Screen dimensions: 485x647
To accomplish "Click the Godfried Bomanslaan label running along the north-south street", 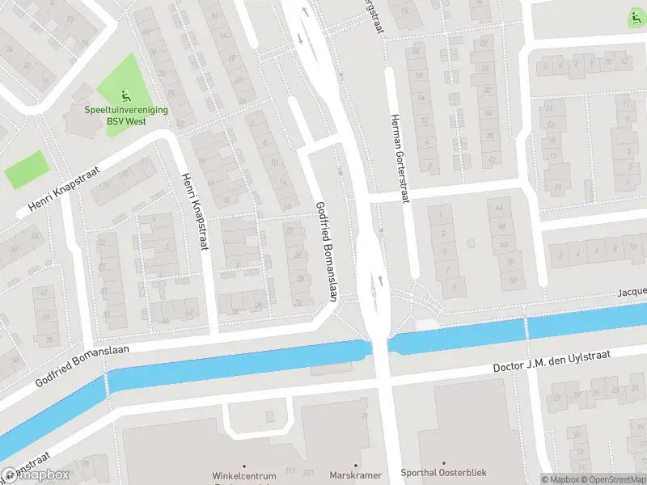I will coord(325,251).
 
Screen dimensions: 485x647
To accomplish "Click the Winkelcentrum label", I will coord(244,475).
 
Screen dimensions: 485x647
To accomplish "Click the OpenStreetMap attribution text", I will coord(611,479).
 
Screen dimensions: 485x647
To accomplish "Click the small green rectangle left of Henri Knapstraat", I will coord(26,170).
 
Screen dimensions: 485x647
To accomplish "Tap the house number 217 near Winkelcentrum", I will coord(289,470).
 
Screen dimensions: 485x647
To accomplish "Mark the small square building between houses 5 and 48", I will coord(472,243).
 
